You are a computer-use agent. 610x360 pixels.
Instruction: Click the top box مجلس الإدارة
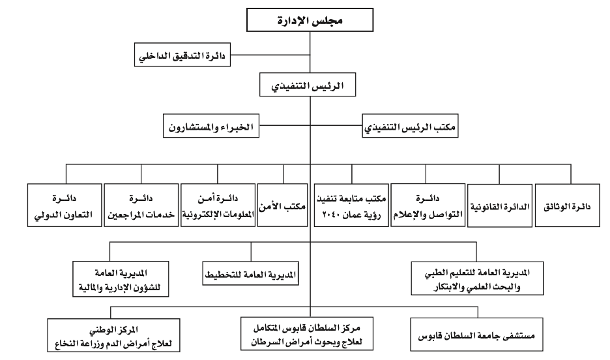coord(310,20)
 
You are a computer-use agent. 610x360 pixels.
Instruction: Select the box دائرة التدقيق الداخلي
coord(182,55)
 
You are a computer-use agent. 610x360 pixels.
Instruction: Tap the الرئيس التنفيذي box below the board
coord(308,85)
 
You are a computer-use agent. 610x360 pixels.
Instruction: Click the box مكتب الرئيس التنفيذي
coord(410,126)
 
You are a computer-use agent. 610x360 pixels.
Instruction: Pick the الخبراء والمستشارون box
coord(211,126)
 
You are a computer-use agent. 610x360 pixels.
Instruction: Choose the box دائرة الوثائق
coord(567,205)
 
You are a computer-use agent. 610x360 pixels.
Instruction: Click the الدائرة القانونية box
coord(500,205)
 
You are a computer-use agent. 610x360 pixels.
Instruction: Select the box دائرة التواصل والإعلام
coord(428,205)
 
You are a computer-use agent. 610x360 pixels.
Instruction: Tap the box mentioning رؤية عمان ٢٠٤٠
coord(351,205)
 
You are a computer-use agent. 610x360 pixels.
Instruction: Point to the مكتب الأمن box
coord(282,205)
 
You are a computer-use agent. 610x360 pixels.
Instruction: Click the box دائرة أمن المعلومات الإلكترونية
coord(218,205)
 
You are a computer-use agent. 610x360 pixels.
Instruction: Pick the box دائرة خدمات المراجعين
coord(141,205)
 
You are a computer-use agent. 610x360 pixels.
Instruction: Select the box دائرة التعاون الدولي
coord(65,205)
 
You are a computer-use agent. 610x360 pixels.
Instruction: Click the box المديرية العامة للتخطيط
coord(250,274)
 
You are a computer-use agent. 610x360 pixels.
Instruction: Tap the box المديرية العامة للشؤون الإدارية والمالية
coord(121,279)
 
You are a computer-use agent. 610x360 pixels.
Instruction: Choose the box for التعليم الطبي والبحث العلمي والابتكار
coord(477,278)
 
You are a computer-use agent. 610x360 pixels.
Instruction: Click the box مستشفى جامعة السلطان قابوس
coord(476,335)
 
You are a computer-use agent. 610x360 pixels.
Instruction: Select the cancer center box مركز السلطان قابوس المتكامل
coord(307,333)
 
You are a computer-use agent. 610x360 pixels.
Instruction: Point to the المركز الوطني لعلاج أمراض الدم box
coord(113,335)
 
